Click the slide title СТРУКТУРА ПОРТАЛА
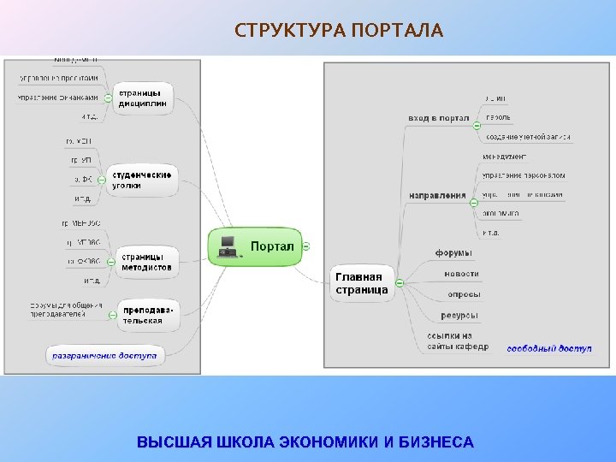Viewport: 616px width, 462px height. click(x=339, y=32)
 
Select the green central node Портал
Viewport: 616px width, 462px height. click(x=256, y=246)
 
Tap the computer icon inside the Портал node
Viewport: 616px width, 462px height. click(x=228, y=246)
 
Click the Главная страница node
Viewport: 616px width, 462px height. click(x=361, y=283)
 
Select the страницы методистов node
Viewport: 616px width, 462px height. click(x=145, y=261)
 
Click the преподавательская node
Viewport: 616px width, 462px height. click(x=142, y=315)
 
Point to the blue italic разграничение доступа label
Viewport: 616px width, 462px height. click(x=104, y=355)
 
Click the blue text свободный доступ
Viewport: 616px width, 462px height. click(x=548, y=348)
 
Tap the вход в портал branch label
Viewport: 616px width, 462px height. click(x=438, y=118)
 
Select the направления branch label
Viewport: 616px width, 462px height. click(x=437, y=196)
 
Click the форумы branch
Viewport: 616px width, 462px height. click(x=453, y=253)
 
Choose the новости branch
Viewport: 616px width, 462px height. click(x=461, y=274)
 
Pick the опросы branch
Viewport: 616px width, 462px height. click(x=463, y=294)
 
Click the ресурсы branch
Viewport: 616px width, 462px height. click(x=459, y=315)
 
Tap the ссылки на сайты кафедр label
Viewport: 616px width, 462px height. click(x=457, y=341)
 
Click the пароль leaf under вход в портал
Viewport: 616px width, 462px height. click(x=498, y=117)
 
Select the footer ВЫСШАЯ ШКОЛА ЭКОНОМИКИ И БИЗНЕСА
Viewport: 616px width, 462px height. click(x=305, y=442)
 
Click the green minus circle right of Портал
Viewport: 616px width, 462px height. click(x=306, y=246)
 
